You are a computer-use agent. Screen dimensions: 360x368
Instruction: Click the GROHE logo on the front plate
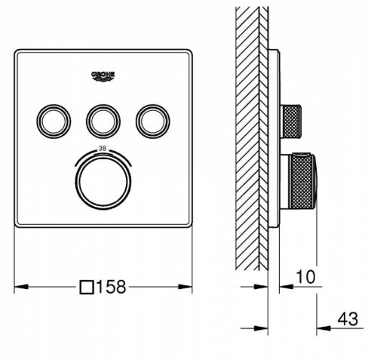(103, 75)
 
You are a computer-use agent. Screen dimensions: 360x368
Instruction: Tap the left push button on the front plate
(54, 120)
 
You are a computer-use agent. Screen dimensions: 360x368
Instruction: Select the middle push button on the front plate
(103, 120)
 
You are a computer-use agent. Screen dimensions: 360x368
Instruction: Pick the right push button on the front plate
(153, 120)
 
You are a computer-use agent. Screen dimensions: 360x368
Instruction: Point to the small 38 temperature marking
(103, 149)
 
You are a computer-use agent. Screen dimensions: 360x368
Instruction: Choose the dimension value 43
(346, 319)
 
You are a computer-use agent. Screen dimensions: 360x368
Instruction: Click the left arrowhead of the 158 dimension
(20, 287)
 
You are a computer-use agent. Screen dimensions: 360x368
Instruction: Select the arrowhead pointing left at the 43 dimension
(320, 328)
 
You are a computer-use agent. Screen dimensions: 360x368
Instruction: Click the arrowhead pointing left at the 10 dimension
(284, 287)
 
